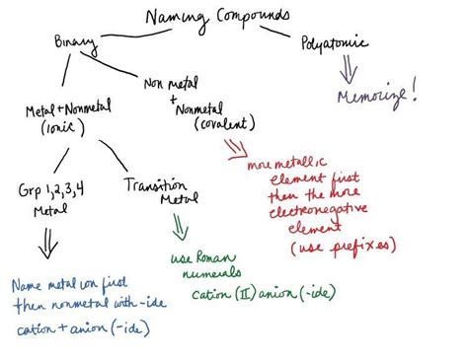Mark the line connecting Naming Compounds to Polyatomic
pos(285,32)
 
